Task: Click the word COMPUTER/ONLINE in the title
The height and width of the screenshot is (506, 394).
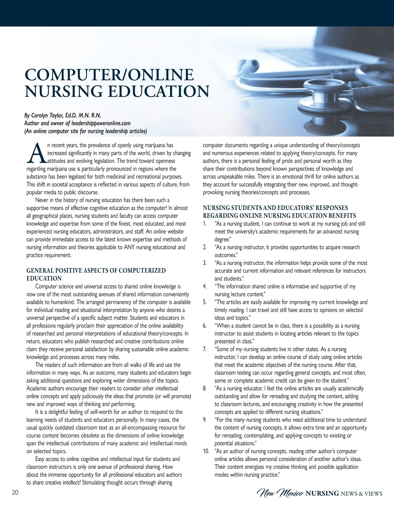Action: click(109, 75)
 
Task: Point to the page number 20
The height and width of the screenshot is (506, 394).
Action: click(15, 493)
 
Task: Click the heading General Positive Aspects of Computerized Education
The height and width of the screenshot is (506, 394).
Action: click(96, 274)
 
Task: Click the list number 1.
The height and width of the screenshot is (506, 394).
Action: click(205, 224)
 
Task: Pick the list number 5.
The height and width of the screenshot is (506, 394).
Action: click(205, 302)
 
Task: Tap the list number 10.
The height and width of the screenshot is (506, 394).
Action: click(206, 451)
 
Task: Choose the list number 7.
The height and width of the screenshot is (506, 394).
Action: click(205, 349)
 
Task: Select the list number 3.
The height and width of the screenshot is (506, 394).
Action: click(205, 263)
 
